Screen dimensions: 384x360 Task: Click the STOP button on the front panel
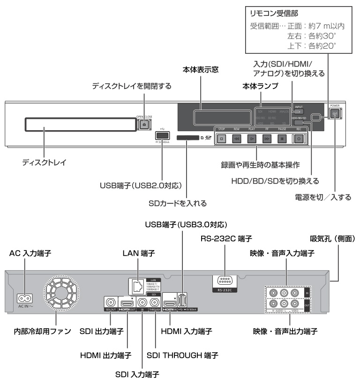click(222, 139)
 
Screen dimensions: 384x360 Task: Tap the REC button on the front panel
click(298, 139)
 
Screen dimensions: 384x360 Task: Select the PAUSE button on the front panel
click(282, 139)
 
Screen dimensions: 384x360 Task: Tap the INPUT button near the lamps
click(299, 111)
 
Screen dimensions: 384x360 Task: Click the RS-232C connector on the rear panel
click(225, 281)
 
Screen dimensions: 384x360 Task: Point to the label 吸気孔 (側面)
click(334, 238)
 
